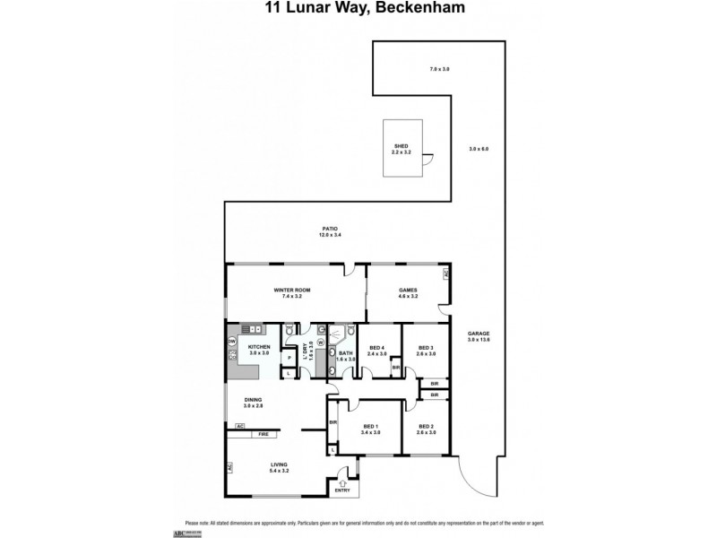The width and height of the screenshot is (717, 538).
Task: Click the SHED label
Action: tap(400, 147)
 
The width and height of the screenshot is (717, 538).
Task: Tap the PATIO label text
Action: tap(331, 230)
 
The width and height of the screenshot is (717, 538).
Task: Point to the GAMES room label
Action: tap(408, 291)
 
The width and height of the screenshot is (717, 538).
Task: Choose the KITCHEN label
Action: tap(259, 346)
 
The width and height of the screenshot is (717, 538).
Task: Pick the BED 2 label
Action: tap(426, 429)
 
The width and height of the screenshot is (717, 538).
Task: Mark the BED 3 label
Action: tap(426, 348)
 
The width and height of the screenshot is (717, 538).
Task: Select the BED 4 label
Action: tap(377, 348)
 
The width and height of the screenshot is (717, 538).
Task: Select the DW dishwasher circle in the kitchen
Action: tap(232, 342)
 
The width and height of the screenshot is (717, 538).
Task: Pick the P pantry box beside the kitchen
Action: tap(290, 358)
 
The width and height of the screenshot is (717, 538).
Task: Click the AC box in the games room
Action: tap(445, 275)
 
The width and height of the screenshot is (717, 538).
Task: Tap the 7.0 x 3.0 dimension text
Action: tap(437, 69)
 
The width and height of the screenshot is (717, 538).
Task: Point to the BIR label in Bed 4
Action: tap(395, 367)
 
